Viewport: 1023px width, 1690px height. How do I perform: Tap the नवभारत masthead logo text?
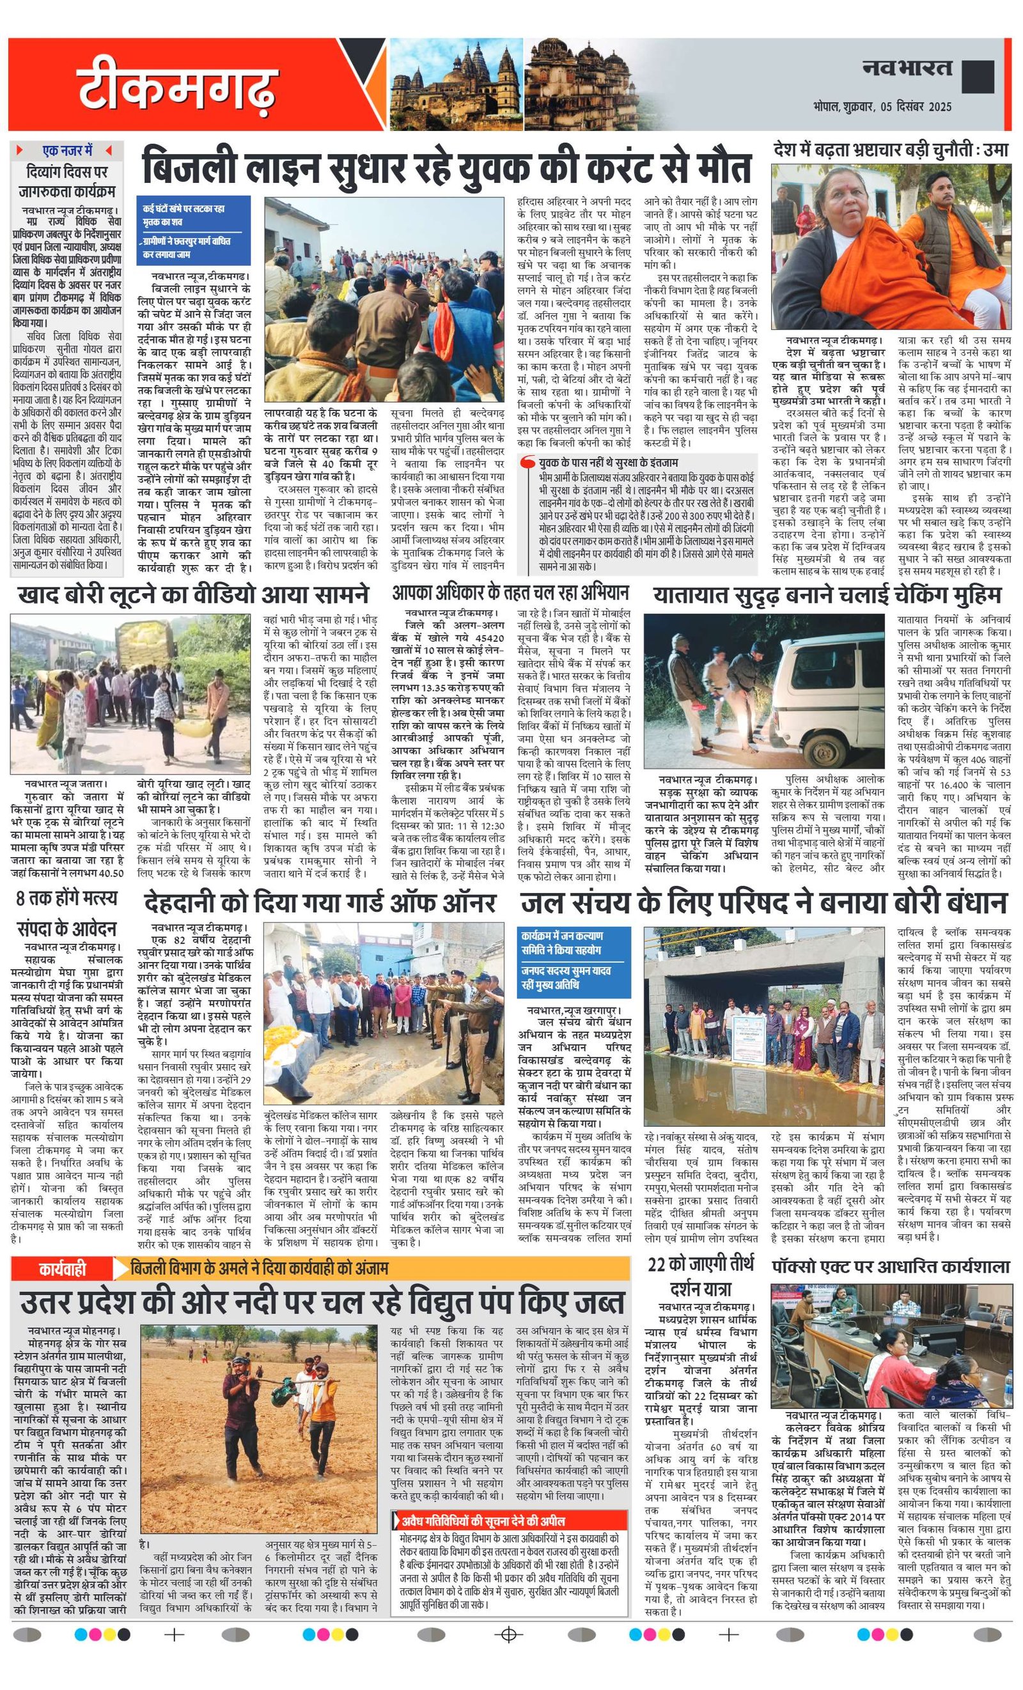pyautogui.click(x=907, y=68)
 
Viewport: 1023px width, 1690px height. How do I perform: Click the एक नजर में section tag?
pyautogui.click(x=67, y=150)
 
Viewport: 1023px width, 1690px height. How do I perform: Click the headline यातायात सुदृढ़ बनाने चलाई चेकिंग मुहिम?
pyautogui.click(x=827, y=594)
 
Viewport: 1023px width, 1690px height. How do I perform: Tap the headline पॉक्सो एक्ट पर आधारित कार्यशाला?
pyautogui.click(x=890, y=1266)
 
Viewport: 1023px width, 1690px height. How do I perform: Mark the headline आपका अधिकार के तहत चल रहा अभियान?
pyautogui.click(x=510, y=592)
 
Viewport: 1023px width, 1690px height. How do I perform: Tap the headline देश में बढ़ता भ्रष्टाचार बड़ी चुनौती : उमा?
pyautogui.click(x=891, y=150)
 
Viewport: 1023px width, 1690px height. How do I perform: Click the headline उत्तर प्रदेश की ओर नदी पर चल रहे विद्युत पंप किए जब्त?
pyautogui.click(x=322, y=1302)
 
